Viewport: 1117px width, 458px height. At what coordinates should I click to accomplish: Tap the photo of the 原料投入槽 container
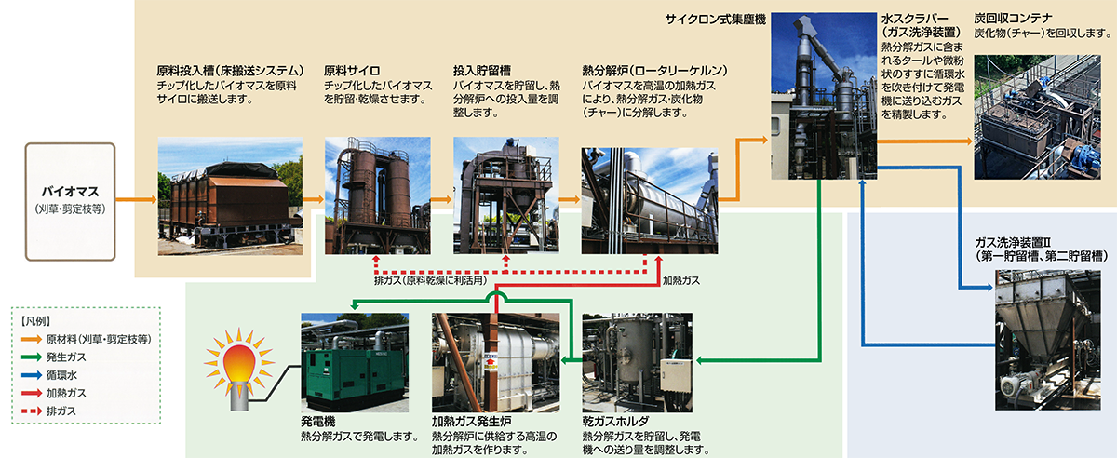tap(230, 195)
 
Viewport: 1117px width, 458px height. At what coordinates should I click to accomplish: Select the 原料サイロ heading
tap(353, 70)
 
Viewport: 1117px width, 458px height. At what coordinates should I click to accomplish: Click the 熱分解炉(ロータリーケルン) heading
tap(654, 70)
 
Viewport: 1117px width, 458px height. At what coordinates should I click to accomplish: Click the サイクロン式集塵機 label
tap(716, 19)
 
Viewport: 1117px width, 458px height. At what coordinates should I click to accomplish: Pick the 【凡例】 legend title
tap(37, 319)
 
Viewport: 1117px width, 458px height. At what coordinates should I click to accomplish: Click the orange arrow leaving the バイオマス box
tap(135, 199)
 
